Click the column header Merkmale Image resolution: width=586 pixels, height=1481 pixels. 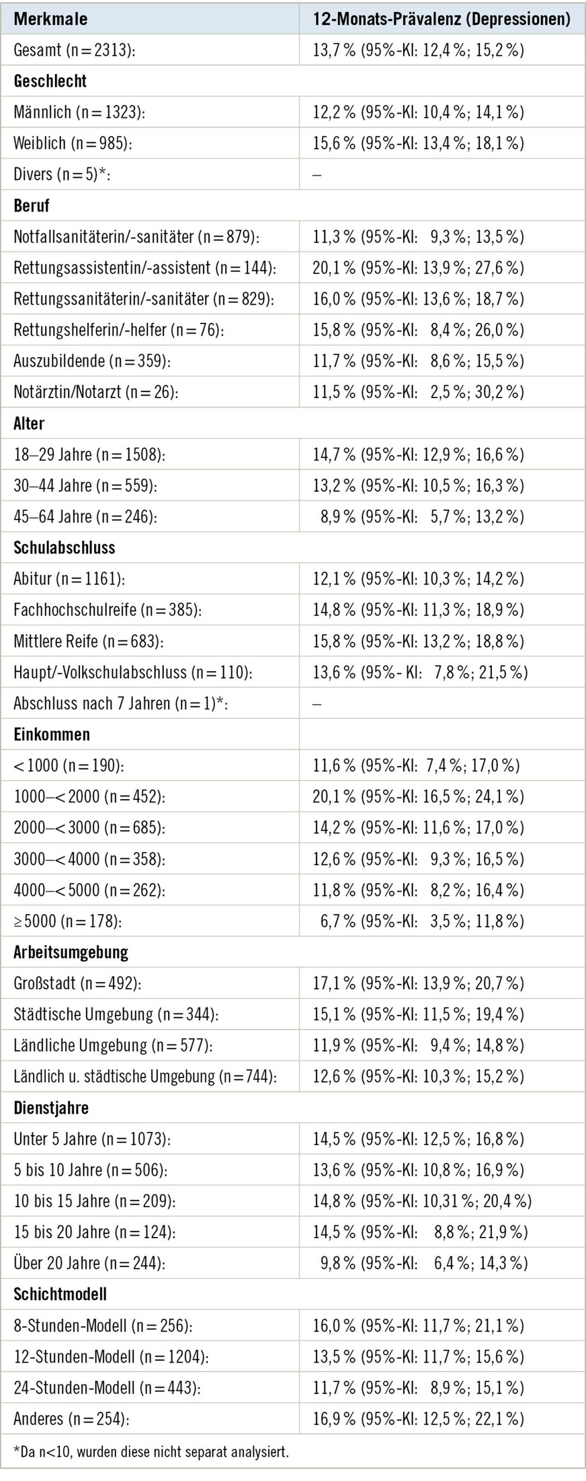click(x=50, y=19)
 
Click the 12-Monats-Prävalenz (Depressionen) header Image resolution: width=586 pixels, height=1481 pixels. click(x=442, y=19)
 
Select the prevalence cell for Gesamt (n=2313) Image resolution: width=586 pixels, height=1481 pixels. click(x=418, y=50)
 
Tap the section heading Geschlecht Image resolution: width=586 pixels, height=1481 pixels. click(x=50, y=81)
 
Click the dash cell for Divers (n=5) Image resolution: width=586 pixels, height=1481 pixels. click(x=317, y=175)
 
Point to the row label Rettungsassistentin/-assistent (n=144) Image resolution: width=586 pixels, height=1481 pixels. click(x=144, y=268)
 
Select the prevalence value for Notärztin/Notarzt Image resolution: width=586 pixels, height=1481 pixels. click(x=418, y=393)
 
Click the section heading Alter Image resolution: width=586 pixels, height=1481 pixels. click(x=29, y=424)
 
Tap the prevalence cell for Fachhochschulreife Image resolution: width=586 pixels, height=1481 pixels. click(x=418, y=610)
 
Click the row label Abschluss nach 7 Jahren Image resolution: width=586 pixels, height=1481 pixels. click(x=120, y=704)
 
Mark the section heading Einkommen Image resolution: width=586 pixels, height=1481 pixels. click(x=52, y=734)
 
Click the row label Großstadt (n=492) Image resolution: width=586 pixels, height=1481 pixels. click(x=77, y=984)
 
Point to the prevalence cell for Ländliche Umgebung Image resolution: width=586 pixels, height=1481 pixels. click(x=418, y=1046)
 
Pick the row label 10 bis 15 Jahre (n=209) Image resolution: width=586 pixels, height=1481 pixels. click(x=95, y=1201)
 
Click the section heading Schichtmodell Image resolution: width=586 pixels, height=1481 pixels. click(x=60, y=1294)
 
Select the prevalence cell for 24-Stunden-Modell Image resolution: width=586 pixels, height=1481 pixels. click(x=418, y=1388)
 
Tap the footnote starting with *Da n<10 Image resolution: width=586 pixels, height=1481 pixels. click(x=151, y=1452)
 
